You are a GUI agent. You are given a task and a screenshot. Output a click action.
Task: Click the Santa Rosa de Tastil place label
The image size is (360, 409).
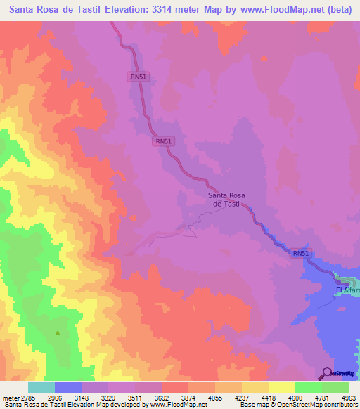click(x=227, y=199)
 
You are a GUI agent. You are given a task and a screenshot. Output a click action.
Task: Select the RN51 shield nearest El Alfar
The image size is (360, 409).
click(x=300, y=253)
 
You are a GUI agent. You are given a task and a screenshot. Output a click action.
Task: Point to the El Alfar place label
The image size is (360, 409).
click(x=347, y=290)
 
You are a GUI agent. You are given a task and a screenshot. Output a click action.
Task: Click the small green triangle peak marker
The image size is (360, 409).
click(x=58, y=333)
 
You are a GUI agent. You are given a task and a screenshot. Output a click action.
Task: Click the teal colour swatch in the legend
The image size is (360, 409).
click(x=41, y=387)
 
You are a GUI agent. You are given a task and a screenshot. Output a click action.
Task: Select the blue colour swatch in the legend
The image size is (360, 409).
click(x=67, y=387)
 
